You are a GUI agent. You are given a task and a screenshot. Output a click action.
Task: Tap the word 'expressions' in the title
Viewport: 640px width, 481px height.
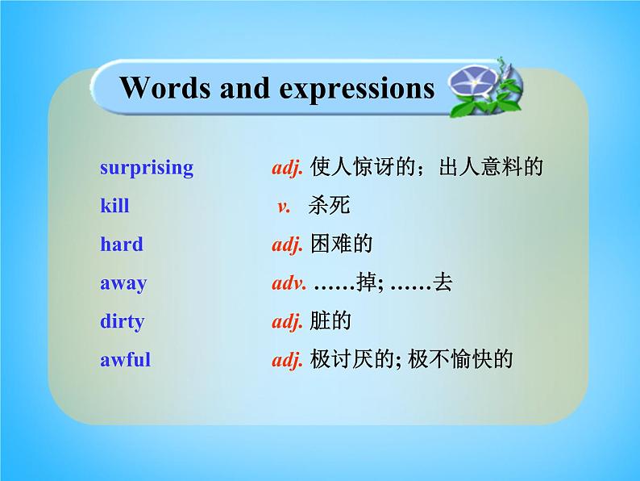356,90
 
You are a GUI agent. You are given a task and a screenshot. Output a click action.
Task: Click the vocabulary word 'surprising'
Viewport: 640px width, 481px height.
147,169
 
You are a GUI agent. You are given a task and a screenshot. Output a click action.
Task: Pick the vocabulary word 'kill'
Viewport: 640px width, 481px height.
114,207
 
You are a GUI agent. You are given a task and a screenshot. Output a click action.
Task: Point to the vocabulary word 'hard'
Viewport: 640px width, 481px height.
121,245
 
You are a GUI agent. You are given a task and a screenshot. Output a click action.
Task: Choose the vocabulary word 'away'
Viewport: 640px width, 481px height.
123,283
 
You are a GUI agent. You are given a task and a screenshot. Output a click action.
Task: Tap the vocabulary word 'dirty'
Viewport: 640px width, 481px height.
122,322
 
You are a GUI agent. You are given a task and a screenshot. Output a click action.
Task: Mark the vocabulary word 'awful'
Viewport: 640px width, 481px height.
125,360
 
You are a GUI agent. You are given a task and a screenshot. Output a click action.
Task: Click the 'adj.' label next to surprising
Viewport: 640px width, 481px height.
287,169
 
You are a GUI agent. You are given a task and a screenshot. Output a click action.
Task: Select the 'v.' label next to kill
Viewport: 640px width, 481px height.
284,207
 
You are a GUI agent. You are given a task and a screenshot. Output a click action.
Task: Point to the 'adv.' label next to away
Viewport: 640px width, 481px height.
289,283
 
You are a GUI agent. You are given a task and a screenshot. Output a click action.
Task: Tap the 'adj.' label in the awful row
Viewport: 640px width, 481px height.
287,360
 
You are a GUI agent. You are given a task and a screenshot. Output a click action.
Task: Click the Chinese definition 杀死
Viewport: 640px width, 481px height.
330,206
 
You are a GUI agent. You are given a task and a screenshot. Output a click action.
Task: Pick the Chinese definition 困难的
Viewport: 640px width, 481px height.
341,244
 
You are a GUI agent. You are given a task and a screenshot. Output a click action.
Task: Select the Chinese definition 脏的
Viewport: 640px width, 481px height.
330,321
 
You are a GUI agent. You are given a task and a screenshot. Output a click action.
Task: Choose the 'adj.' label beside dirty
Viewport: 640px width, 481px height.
287,322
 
